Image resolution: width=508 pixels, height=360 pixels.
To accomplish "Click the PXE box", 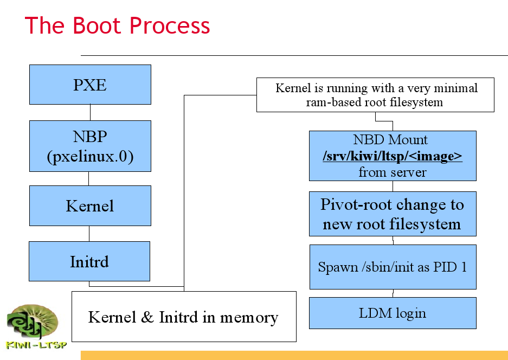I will [90, 85].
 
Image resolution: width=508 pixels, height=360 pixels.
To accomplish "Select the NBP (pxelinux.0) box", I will [90, 146].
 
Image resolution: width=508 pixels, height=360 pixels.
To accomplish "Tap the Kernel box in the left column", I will [90, 206].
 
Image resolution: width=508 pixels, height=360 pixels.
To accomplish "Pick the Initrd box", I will [89, 261].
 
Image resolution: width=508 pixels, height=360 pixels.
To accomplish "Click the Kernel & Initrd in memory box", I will [184, 317].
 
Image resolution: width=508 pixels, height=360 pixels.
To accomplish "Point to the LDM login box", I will [393, 313].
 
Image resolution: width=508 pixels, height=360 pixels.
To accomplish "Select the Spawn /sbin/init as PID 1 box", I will [393, 267].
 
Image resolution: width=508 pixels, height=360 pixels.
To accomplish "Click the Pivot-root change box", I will [393, 214].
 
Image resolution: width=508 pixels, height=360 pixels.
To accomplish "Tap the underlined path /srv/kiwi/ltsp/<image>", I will [393, 157].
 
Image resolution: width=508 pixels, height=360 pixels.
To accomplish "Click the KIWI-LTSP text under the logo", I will [36, 344].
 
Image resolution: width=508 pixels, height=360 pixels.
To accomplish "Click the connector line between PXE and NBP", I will [90, 112].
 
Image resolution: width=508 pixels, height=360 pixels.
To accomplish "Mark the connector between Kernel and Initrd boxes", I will [89, 233].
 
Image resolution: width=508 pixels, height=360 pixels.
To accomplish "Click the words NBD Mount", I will [390, 140].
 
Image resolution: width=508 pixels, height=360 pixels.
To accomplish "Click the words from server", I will [393, 172].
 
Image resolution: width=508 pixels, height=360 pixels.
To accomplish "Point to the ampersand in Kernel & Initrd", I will [147, 317].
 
